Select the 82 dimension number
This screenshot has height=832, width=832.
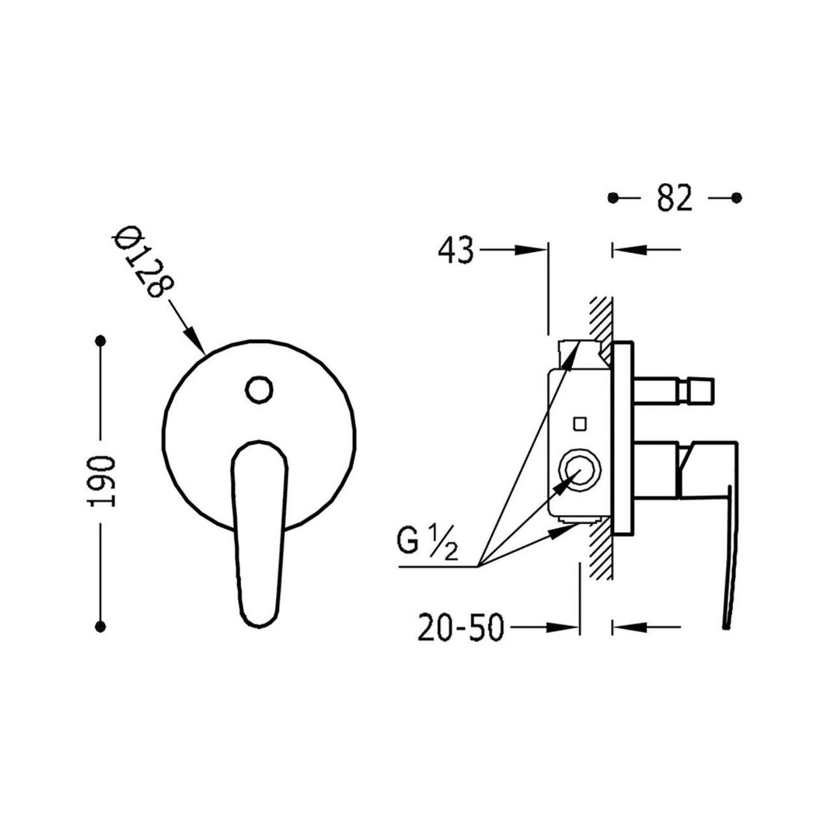point(674,197)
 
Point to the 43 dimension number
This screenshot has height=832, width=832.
point(456,251)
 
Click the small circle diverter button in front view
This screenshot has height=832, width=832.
point(259,391)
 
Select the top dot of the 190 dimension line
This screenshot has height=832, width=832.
point(102,341)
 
